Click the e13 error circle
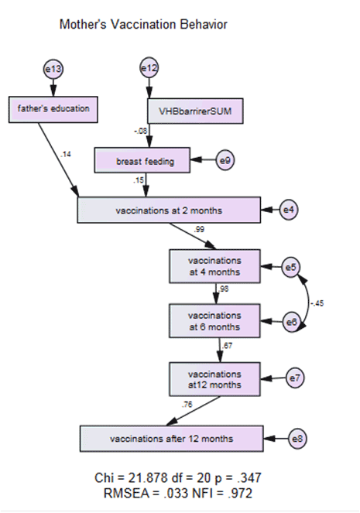pyautogui.click(x=53, y=69)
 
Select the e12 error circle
pyautogui.click(x=149, y=68)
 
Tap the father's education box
pyautogui.click(x=53, y=110)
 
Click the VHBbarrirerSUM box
pyautogui.click(x=195, y=111)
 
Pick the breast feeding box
pyautogui.click(x=142, y=160)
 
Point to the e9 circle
pyautogui.click(x=225, y=160)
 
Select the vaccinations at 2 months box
pyautogui.click(x=169, y=210)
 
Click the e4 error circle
pyautogui.click(x=289, y=210)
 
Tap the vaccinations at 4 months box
pyautogui.click(x=214, y=266)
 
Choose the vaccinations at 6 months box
pyautogui.click(x=214, y=321)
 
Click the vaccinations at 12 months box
pyautogui.click(x=214, y=379)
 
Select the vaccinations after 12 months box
pyautogui.click(x=172, y=439)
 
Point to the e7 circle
pyautogui.click(x=295, y=378)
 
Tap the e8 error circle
pyautogui.click(x=297, y=439)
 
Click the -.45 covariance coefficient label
pyautogui.click(x=317, y=303)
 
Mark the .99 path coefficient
pyautogui.click(x=199, y=229)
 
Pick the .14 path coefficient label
pyautogui.click(x=66, y=154)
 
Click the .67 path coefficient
pyautogui.click(x=227, y=346)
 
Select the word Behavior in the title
pyautogui.click(x=202, y=25)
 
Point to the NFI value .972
pyautogui.click(x=241, y=494)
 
